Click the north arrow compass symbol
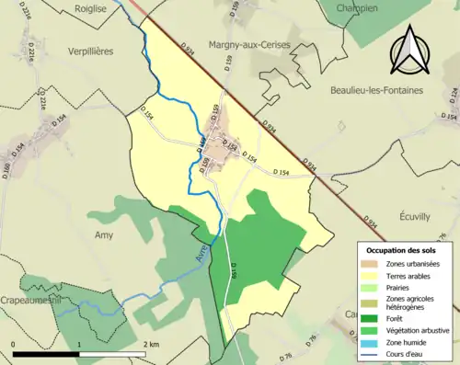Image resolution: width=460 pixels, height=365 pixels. pos(410,52)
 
